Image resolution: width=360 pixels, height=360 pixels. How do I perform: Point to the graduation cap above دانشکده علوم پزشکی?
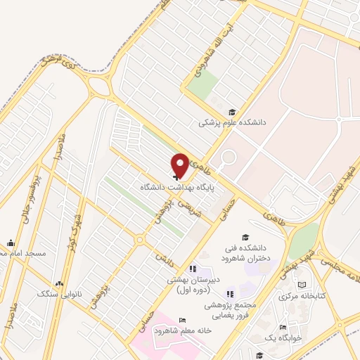tap(232, 112)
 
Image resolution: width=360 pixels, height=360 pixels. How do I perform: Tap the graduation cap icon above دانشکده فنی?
tap(245, 238)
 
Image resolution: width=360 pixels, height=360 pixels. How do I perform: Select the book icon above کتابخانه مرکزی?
tap(302, 285)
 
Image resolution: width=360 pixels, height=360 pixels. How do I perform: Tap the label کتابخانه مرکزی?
tap(302, 296)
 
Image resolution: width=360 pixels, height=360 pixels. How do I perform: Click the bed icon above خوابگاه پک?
tap(283, 328)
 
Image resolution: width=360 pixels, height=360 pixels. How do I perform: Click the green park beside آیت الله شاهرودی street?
tap(202, 85)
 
